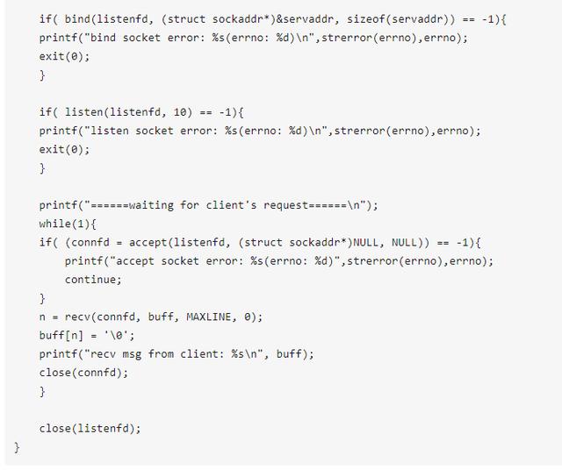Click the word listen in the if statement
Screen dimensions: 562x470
tap(83, 112)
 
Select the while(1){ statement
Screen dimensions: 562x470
tap(68, 224)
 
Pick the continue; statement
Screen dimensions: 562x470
tap(93, 279)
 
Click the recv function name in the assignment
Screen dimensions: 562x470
tap(80, 317)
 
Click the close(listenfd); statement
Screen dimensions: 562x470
tap(90, 428)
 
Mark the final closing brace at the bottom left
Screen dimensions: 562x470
tap(17, 446)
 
